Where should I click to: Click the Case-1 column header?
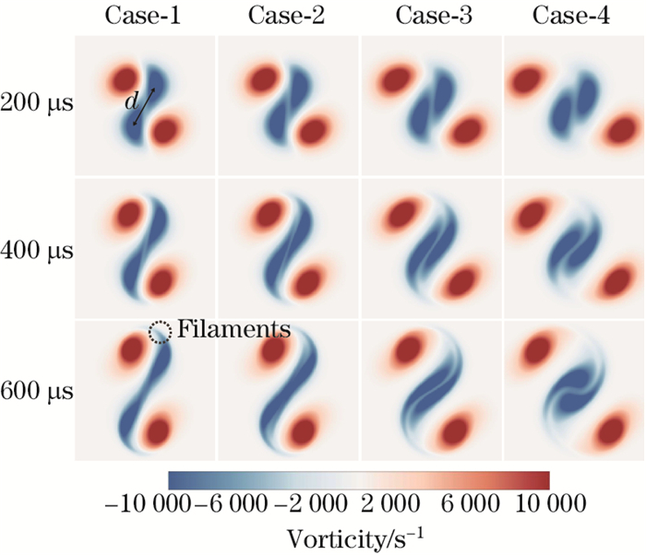point(145,17)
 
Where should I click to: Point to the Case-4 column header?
point(572,17)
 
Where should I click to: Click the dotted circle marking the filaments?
point(161,330)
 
